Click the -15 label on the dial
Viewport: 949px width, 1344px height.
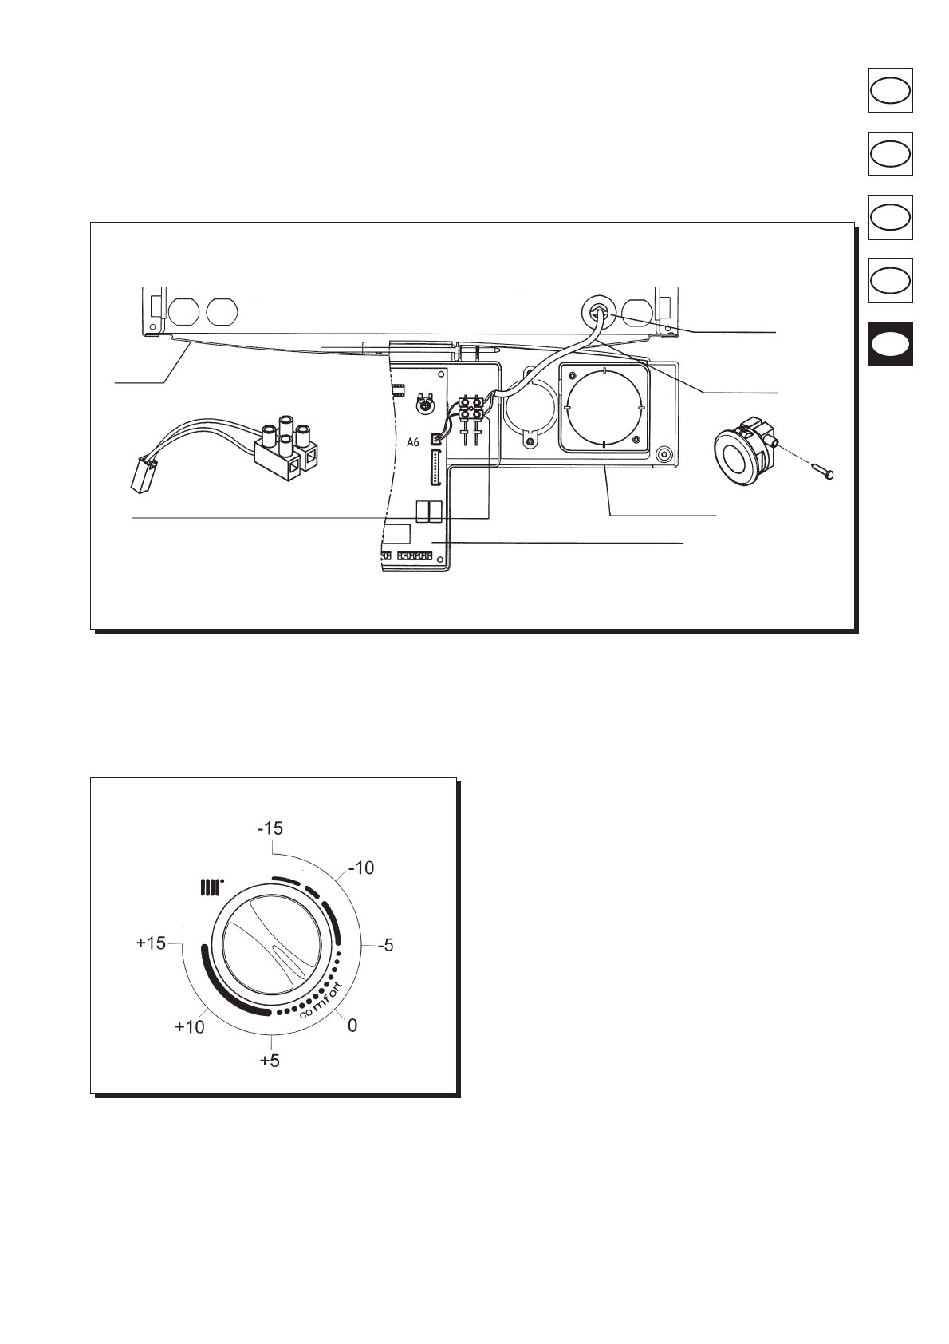click(x=270, y=828)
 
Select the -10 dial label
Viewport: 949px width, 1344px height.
click(x=361, y=868)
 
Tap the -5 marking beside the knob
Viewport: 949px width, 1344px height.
click(x=385, y=946)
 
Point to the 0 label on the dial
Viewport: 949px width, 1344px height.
click(x=352, y=1026)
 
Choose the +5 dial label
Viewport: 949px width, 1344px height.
click(x=270, y=1061)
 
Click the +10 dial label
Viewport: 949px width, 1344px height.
click(x=190, y=1027)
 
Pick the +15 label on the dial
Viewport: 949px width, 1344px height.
click(x=151, y=943)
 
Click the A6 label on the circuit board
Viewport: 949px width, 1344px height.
click(x=412, y=442)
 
